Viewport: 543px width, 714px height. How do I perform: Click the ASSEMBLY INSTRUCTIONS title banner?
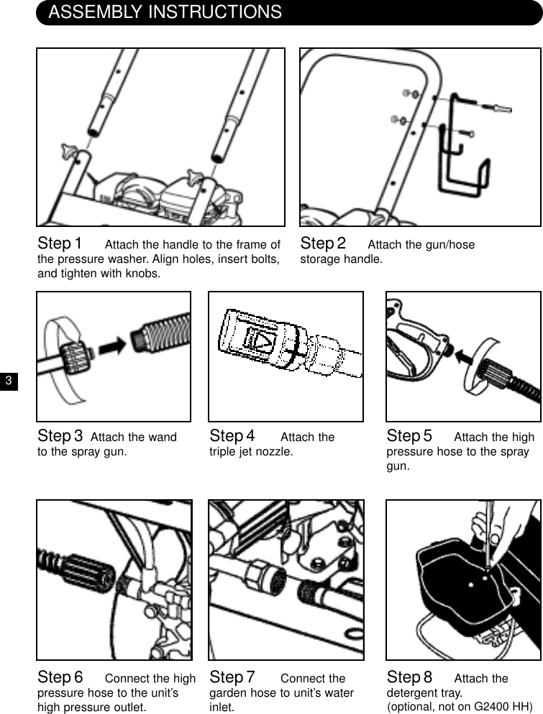[x=165, y=12]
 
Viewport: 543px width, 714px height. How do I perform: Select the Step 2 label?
[x=323, y=244]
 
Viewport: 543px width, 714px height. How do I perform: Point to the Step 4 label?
[x=232, y=436]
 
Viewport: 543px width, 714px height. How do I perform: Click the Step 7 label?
[x=232, y=677]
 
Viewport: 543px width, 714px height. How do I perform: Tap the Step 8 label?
[x=409, y=677]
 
